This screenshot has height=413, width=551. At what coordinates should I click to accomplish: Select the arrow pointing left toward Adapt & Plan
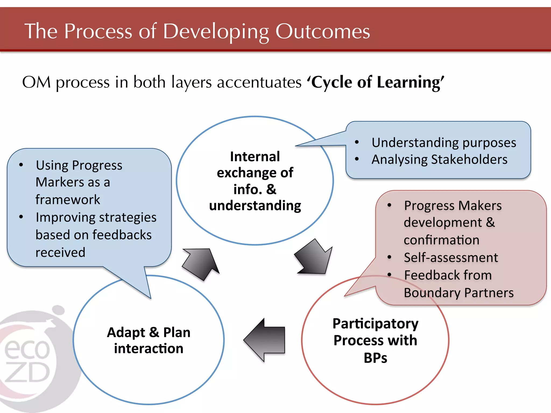pyautogui.click(x=265, y=340)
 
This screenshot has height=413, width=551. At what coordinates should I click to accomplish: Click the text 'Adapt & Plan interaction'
pyautogui.click(x=149, y=340)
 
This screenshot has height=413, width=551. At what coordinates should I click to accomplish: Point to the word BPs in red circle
pyautogui.click(x=375, y=358)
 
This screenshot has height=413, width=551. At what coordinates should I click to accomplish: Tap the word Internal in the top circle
pyautogui.click(x=255, y=156)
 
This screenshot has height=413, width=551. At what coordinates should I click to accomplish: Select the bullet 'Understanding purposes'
pyautogui.click(x=444, y=143)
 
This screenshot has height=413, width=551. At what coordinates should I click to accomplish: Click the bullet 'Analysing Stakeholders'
pyautogui.click(x=439, y=159)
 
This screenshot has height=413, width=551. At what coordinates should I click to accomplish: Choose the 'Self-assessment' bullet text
pyautogui.click(x=451, y=258)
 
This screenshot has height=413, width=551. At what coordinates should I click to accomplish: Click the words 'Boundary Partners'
pyautogui.click(x=459, y=293)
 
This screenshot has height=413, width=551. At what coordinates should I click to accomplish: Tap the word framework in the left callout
pyautogui.click(x=68, y=200)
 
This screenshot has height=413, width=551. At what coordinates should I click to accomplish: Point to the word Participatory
pyautogui.click(x=375, y=323)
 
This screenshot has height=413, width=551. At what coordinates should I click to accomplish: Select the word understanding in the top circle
pyautogui.click(x=255, y=206)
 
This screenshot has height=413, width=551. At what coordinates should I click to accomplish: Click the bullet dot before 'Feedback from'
pyautogui.click(x=389, y=275)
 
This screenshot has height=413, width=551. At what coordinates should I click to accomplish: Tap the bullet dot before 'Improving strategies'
pyautogui.click(x=21, y=217)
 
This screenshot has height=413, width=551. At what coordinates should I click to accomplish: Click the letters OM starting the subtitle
pyautogui.click(x=36, y=82)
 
